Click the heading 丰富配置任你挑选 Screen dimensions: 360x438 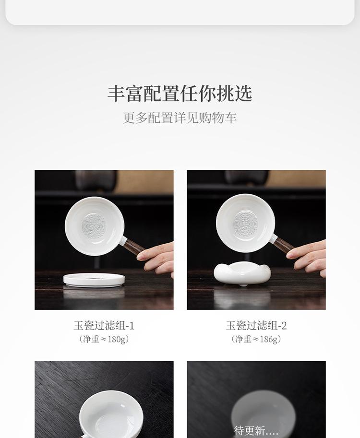coord(180,93)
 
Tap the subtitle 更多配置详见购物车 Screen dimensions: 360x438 coord(180,118)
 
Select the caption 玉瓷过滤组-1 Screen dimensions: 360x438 coord(104,326)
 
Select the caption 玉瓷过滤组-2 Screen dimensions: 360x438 coord(256,326)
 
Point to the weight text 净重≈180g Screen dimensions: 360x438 coord(104,339)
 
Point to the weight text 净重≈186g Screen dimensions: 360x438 coord(256,339)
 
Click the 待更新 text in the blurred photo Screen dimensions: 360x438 coord(256,430)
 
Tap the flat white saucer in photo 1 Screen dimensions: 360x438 coord(94,280)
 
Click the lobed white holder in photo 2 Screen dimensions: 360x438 coord(241,272)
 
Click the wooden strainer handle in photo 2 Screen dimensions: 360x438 coord(283,245)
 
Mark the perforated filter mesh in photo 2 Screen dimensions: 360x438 coord(245,224)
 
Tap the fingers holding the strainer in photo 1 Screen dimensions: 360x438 coord(156,259)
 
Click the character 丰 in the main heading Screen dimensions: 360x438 coord(116,94)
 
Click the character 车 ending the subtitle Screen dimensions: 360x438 coord(231,118)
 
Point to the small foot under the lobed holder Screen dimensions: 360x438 coord(244,284)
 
